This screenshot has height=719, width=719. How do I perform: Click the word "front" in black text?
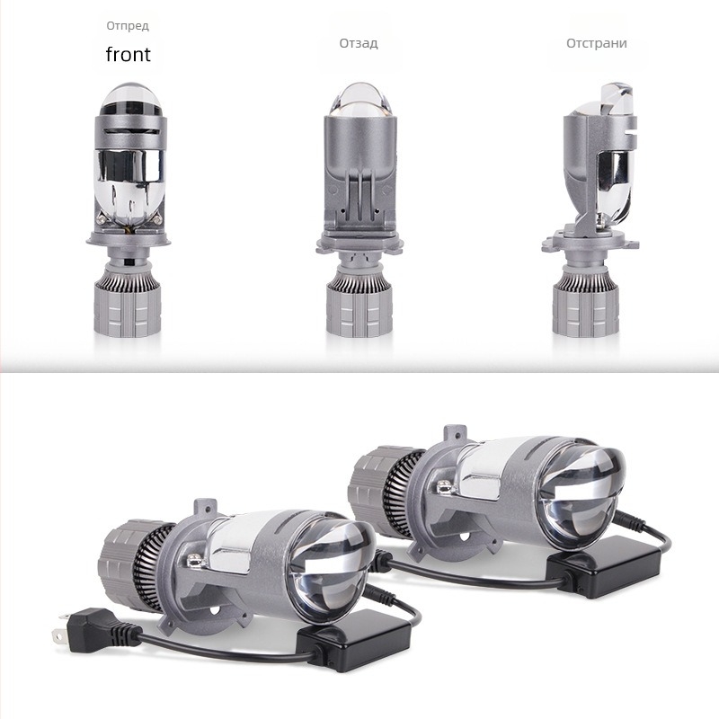[x=128, y=54]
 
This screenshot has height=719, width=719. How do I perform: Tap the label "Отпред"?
[x=128, y=26]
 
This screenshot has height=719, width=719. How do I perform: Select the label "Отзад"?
[x=359, y=43]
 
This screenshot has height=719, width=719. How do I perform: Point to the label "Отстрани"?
[x=597, y=43]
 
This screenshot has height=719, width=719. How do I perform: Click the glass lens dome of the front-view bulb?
[x=130, y=100]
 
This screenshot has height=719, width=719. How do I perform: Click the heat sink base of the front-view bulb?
[x=128, y=301]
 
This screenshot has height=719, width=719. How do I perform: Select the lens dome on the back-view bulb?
[x=360, y=100]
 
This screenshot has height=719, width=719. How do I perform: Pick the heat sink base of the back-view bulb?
[x=360, y=302]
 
